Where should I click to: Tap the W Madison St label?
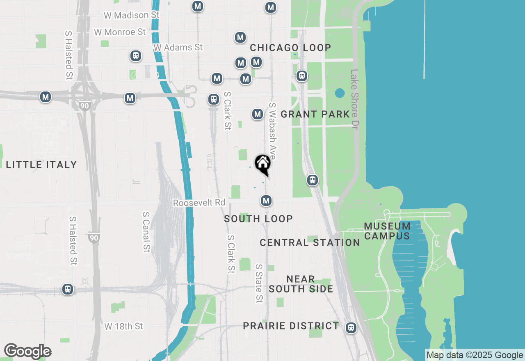[x=131, y=15]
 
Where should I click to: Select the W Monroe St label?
[x=120, y=32]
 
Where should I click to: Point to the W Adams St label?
[x=178, y=48]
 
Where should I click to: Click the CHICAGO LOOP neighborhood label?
[x=290, y=48]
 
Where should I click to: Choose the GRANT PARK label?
[x=315, y=114]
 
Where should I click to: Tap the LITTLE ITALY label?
[x=41, y=165]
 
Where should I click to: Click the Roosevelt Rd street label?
[x=199, y=203]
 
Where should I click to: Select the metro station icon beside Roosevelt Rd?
[x=266, y=201]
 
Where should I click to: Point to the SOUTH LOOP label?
[x=258, y=219]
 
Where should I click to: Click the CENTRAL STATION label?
[x=310, y=242]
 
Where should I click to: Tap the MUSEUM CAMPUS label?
[x=387, y=231]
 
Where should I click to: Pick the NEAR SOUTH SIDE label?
[x=301, y=284]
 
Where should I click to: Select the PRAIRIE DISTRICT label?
[x=291, y=326]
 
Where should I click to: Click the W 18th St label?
[x=123, y=326]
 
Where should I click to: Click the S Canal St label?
[x=146, y=232]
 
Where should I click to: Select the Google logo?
[x=27, y=351]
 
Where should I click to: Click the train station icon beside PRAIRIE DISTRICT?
[x=351, y=328]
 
